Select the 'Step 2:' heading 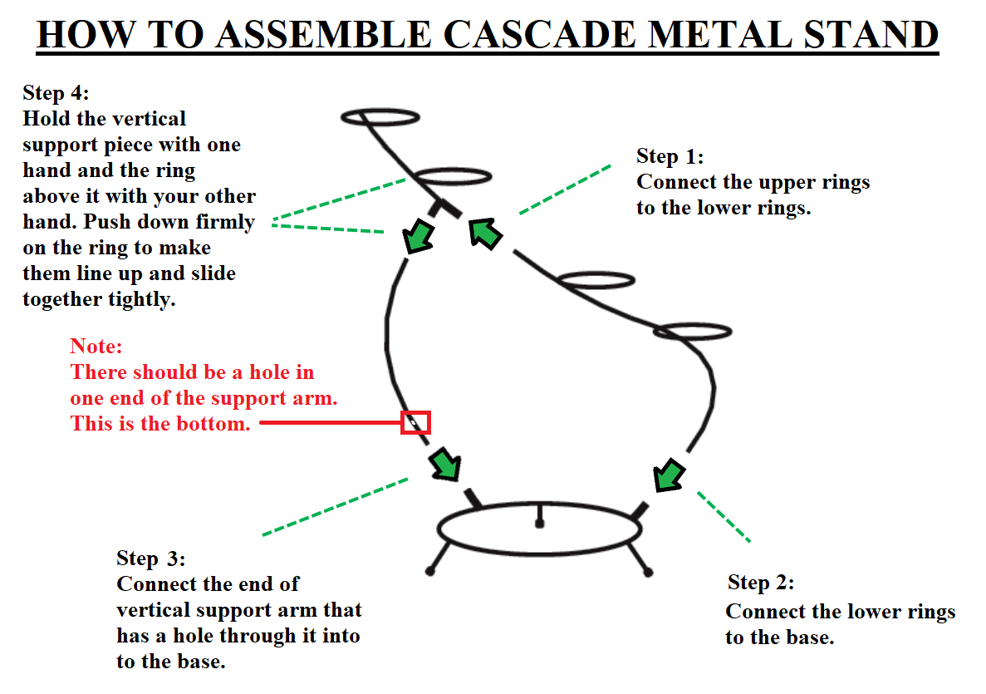pos(761,582)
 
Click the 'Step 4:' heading pos(56,92)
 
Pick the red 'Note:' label pos(96,346)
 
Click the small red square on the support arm pos(415,422)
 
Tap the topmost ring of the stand pos(381,116)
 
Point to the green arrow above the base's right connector pos(669,476)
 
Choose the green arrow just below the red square pos(445,465)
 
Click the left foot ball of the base pos(430,571)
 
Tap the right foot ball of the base pos(648,572)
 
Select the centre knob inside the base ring pos(540,523)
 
